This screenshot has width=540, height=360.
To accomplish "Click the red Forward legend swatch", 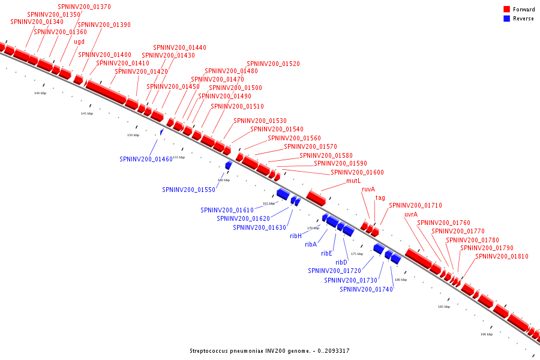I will [x=507, y=10].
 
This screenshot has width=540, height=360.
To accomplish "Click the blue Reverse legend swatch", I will [x=507, y=19].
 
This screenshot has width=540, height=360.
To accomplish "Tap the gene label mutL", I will [x=354, y=181].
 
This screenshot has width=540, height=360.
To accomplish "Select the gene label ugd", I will [x=79, y=41].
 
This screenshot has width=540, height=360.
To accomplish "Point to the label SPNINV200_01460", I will [x=146, y=159].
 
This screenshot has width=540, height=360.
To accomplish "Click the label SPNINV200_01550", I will [x=188, y=190].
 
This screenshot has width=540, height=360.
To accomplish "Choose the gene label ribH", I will [x=296, y=236].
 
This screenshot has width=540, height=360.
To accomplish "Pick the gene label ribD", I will [x=341, y=262].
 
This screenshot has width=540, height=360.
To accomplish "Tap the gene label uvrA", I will [x=411, y=214].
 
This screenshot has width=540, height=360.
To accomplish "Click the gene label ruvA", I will [x=368, y=189].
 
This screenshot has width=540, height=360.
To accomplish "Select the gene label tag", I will [x=380, y=197].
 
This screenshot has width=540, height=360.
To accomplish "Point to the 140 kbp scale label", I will [x=40, y=93].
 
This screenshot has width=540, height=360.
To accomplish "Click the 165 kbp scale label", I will [x=269, y=203].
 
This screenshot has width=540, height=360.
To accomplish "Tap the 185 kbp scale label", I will [x=444, y=307].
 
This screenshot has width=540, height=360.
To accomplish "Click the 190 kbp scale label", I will [x=487, y=334].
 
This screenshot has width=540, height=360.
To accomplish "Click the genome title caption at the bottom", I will [x=269, y=351].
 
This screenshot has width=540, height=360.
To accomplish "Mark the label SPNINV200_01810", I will [x=502, y=256].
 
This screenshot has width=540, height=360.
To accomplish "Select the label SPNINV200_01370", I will [x=84, y=7].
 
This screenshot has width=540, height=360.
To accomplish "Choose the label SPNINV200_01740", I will [x=367, y=289].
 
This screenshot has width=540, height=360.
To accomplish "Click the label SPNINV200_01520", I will [x=274, y=64].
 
